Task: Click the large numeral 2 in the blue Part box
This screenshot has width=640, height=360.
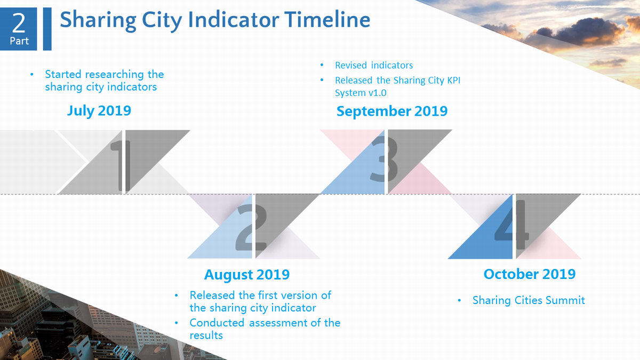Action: click(19, 23)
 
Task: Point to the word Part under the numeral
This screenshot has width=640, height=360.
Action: click(19, 41)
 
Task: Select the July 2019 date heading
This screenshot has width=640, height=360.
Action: click(99, 110)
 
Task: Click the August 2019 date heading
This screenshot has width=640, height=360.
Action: click(247, 275)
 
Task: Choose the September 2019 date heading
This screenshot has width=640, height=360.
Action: click(392, 111)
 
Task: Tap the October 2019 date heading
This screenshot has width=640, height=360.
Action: click(530, 274)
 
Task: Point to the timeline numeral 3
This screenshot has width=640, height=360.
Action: click(383, 159)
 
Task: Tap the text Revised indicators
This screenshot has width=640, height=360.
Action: click(374, 66)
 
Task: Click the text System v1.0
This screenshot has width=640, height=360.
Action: click(361, 93)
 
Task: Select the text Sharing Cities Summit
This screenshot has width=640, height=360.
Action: click(529, 300)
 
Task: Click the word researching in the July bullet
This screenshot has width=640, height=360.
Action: click(115, 75)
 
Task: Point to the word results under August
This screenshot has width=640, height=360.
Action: click(206, 335)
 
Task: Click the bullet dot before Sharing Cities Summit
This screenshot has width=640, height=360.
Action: click(459, 300)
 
